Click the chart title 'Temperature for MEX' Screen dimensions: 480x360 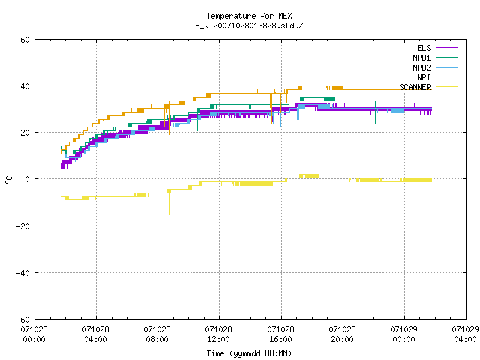249,16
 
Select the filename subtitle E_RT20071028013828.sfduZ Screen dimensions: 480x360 249,25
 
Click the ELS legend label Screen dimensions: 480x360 424,48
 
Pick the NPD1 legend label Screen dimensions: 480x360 421,58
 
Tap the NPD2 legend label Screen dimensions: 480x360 421,67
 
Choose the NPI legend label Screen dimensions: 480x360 424,77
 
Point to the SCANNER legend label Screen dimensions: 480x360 415,87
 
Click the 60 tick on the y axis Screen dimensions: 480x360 25,40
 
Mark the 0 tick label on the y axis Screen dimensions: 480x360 28,179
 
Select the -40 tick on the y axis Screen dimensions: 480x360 23,273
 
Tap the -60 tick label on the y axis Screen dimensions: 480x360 23,319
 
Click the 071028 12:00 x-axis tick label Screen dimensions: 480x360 218,334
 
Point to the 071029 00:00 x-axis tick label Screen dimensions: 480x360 403,334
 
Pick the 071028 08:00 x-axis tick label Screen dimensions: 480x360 157,334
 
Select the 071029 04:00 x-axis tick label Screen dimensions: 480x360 465,334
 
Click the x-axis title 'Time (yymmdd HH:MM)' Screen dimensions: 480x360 249,353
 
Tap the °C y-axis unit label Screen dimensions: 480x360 8,180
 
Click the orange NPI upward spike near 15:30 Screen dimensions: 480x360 274,87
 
